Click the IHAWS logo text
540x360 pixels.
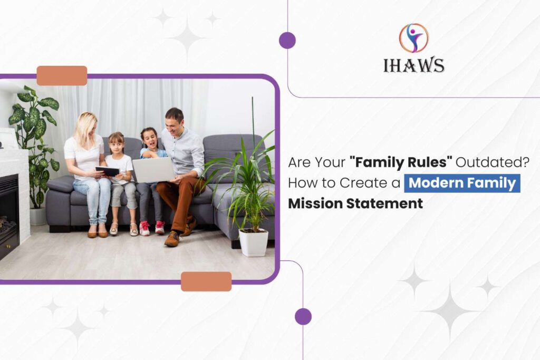pyautogui.click(x=413, y=65)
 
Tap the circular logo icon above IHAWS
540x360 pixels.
pyautogui.click(x=413, y=38)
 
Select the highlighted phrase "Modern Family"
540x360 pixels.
pyautogui.click(x=462, y=183)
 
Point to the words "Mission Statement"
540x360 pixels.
pyautogui.click(x=355, y=203)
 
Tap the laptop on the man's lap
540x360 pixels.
pyautogui.click(x=153, y=170)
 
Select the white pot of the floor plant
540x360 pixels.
pyautogui.click(x=254, y=242)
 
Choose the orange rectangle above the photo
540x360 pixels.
pyautogui.click(x=62, y=75)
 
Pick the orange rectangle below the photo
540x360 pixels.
pyautogui.click(x=206, y=281)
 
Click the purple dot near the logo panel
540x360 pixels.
pyautogui.click(x=287, y=40)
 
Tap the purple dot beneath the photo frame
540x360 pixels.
pyautogui.click(x=303, y=316)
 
